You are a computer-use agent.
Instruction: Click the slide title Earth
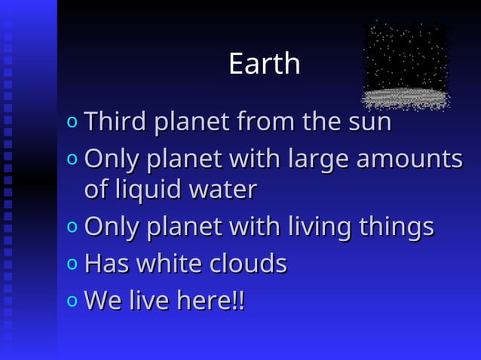pos(264,64)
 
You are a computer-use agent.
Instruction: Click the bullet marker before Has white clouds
pos(72,264)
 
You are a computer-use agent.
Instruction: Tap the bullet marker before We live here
pos(72,301)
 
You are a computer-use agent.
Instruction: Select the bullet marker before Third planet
pos(72,122)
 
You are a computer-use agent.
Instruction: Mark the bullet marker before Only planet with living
pos(72,227)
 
